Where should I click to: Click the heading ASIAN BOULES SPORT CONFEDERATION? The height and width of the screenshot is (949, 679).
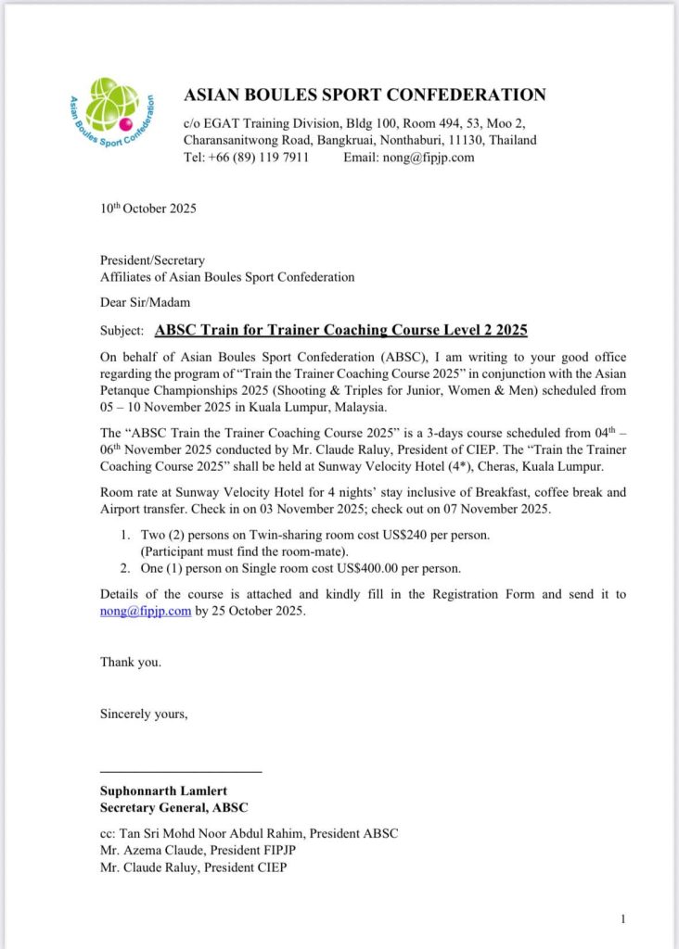pos(365,95)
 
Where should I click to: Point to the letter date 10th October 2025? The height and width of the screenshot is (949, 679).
pos(148,209)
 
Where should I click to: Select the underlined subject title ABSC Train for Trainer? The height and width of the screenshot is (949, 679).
pos(341,330)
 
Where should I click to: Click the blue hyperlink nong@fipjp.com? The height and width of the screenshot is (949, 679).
pos(146,611)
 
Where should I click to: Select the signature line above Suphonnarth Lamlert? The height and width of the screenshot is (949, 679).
pos(181,772)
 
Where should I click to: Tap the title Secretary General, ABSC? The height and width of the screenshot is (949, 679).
pos(174,808)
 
